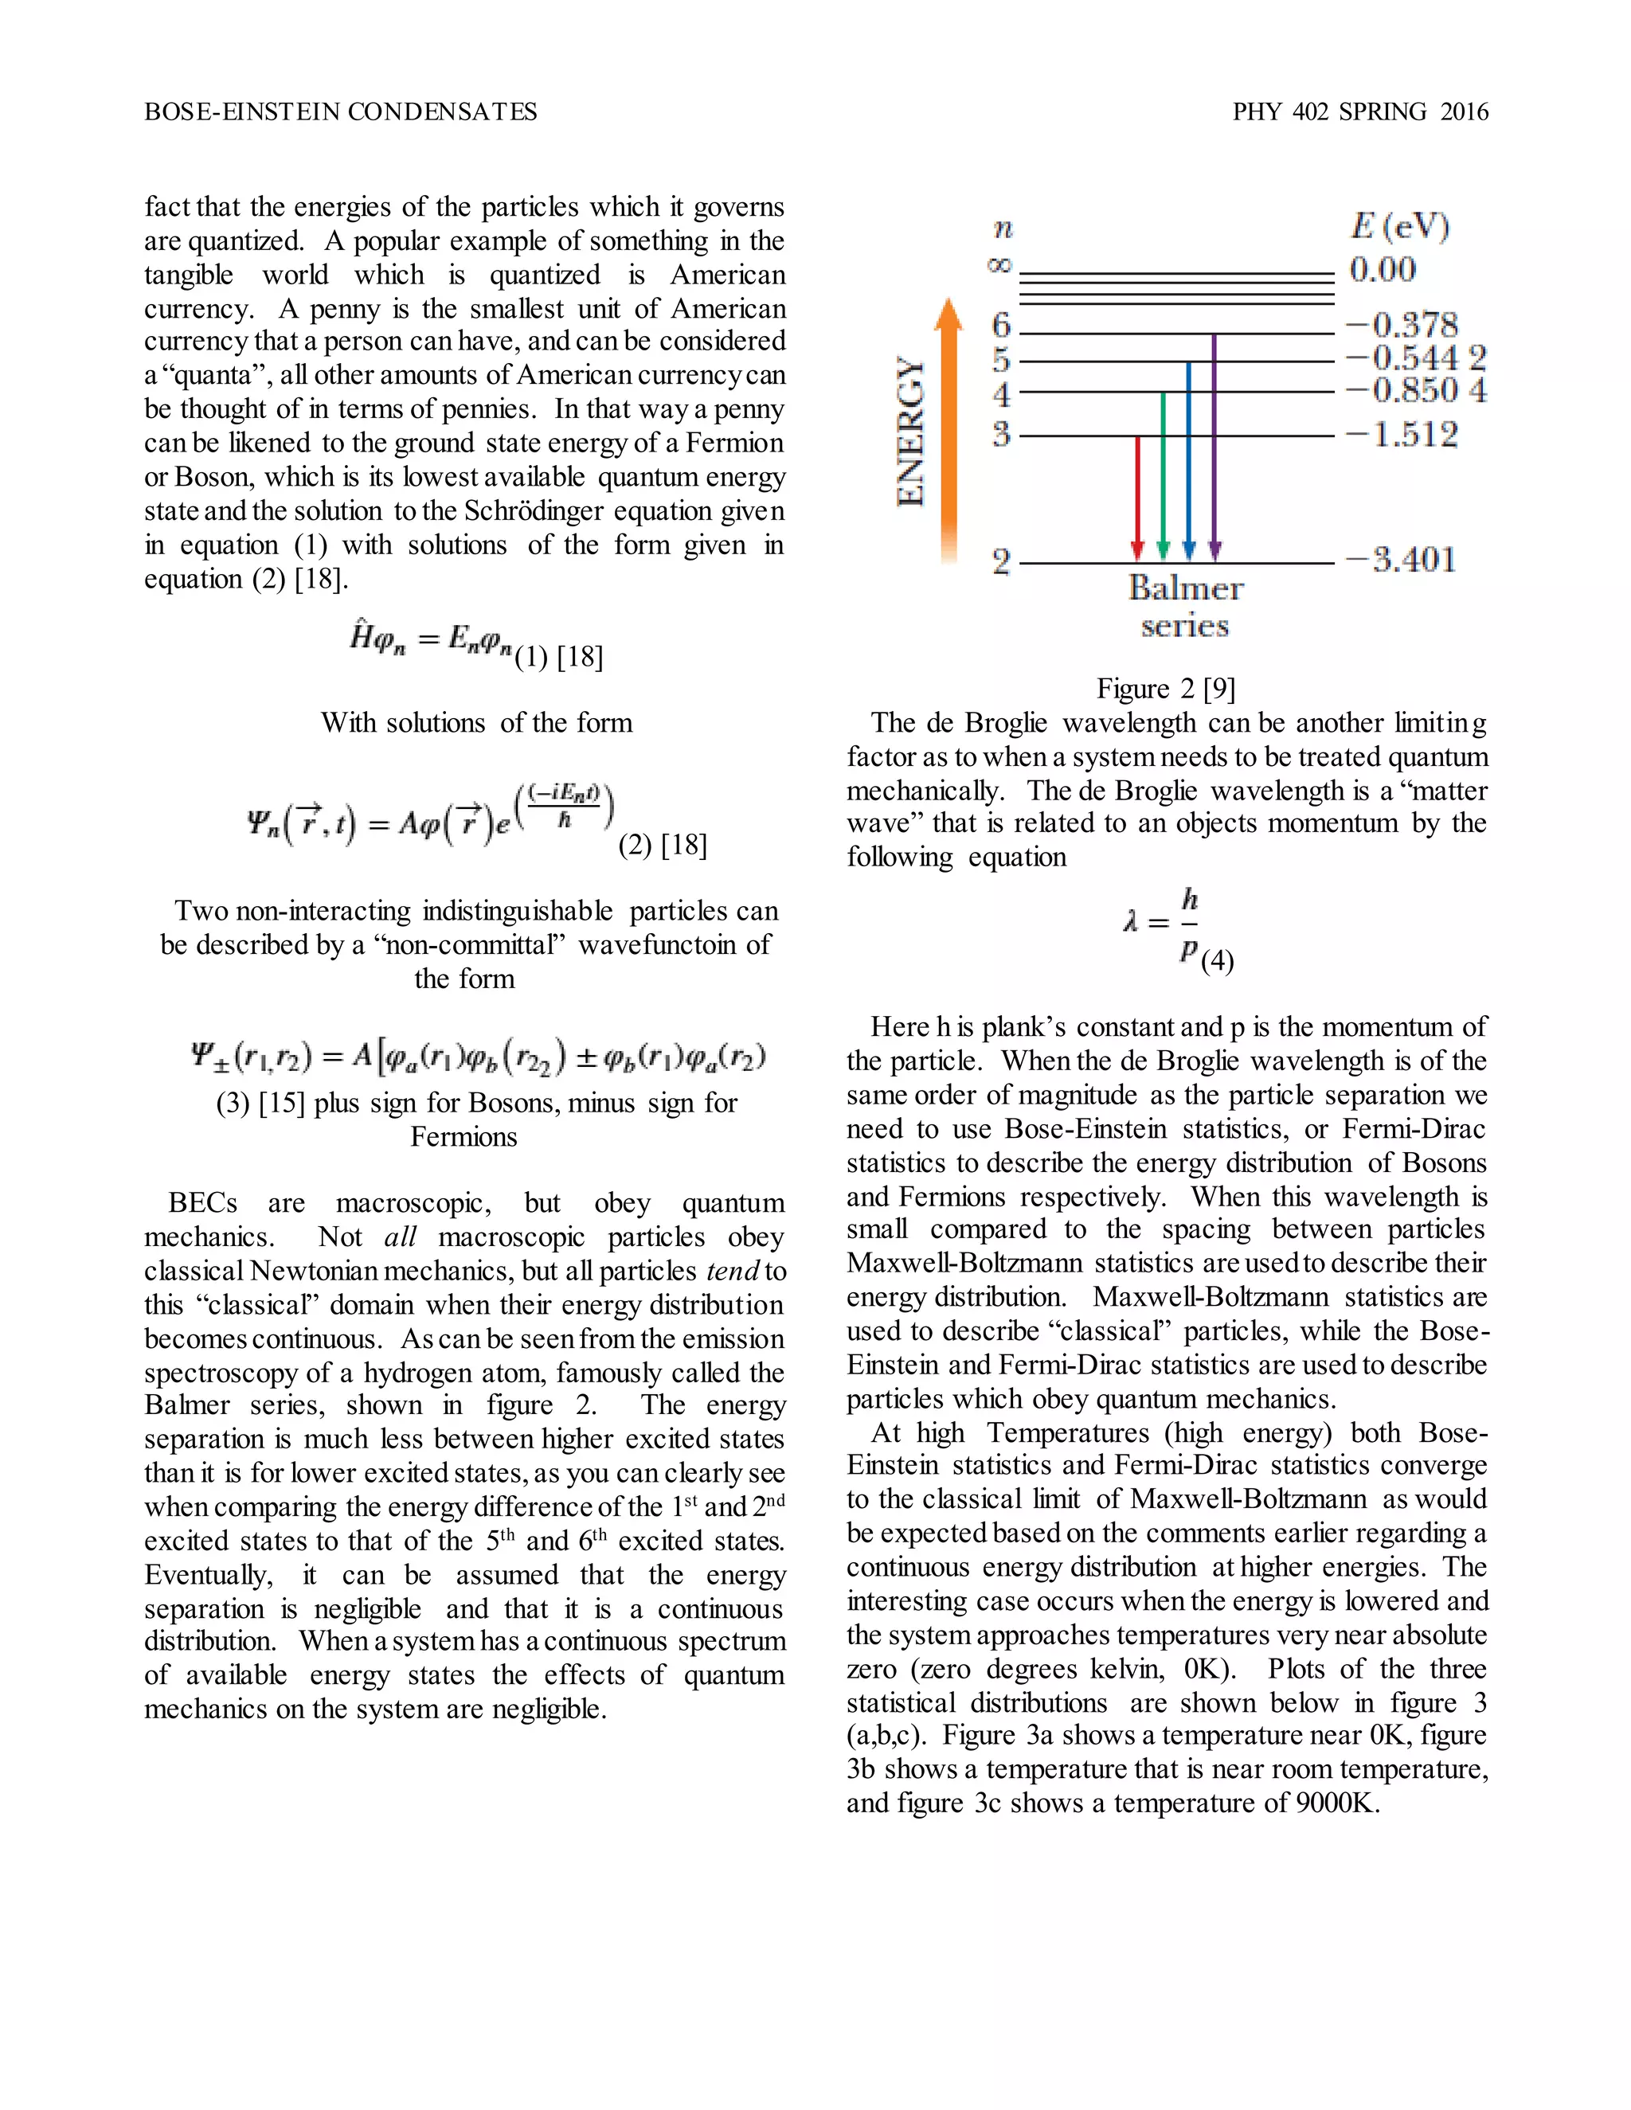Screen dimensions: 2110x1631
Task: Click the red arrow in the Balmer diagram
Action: click(1137, 498)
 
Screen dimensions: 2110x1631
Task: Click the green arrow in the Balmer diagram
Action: click(1163, 474)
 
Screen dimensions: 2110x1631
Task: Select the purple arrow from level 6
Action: click(1214, 444)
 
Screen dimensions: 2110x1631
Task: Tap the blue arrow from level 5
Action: click(1188, 459)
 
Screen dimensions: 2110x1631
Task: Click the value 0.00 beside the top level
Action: click(1383, 270)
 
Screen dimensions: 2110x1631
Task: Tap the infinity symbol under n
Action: click(1000, 264)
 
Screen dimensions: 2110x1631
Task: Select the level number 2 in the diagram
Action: click(1001, 561)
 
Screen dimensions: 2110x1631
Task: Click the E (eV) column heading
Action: click(1399, 227)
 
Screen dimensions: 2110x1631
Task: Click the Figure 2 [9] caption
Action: click(1165, 689)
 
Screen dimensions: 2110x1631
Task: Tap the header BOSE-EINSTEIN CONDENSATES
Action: click(340, 112)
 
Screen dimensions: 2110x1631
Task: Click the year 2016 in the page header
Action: click(1464, 112)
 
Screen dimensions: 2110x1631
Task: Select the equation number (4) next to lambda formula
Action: click(1218, 960)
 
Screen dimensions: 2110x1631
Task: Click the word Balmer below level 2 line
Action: click(1186, 588)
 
